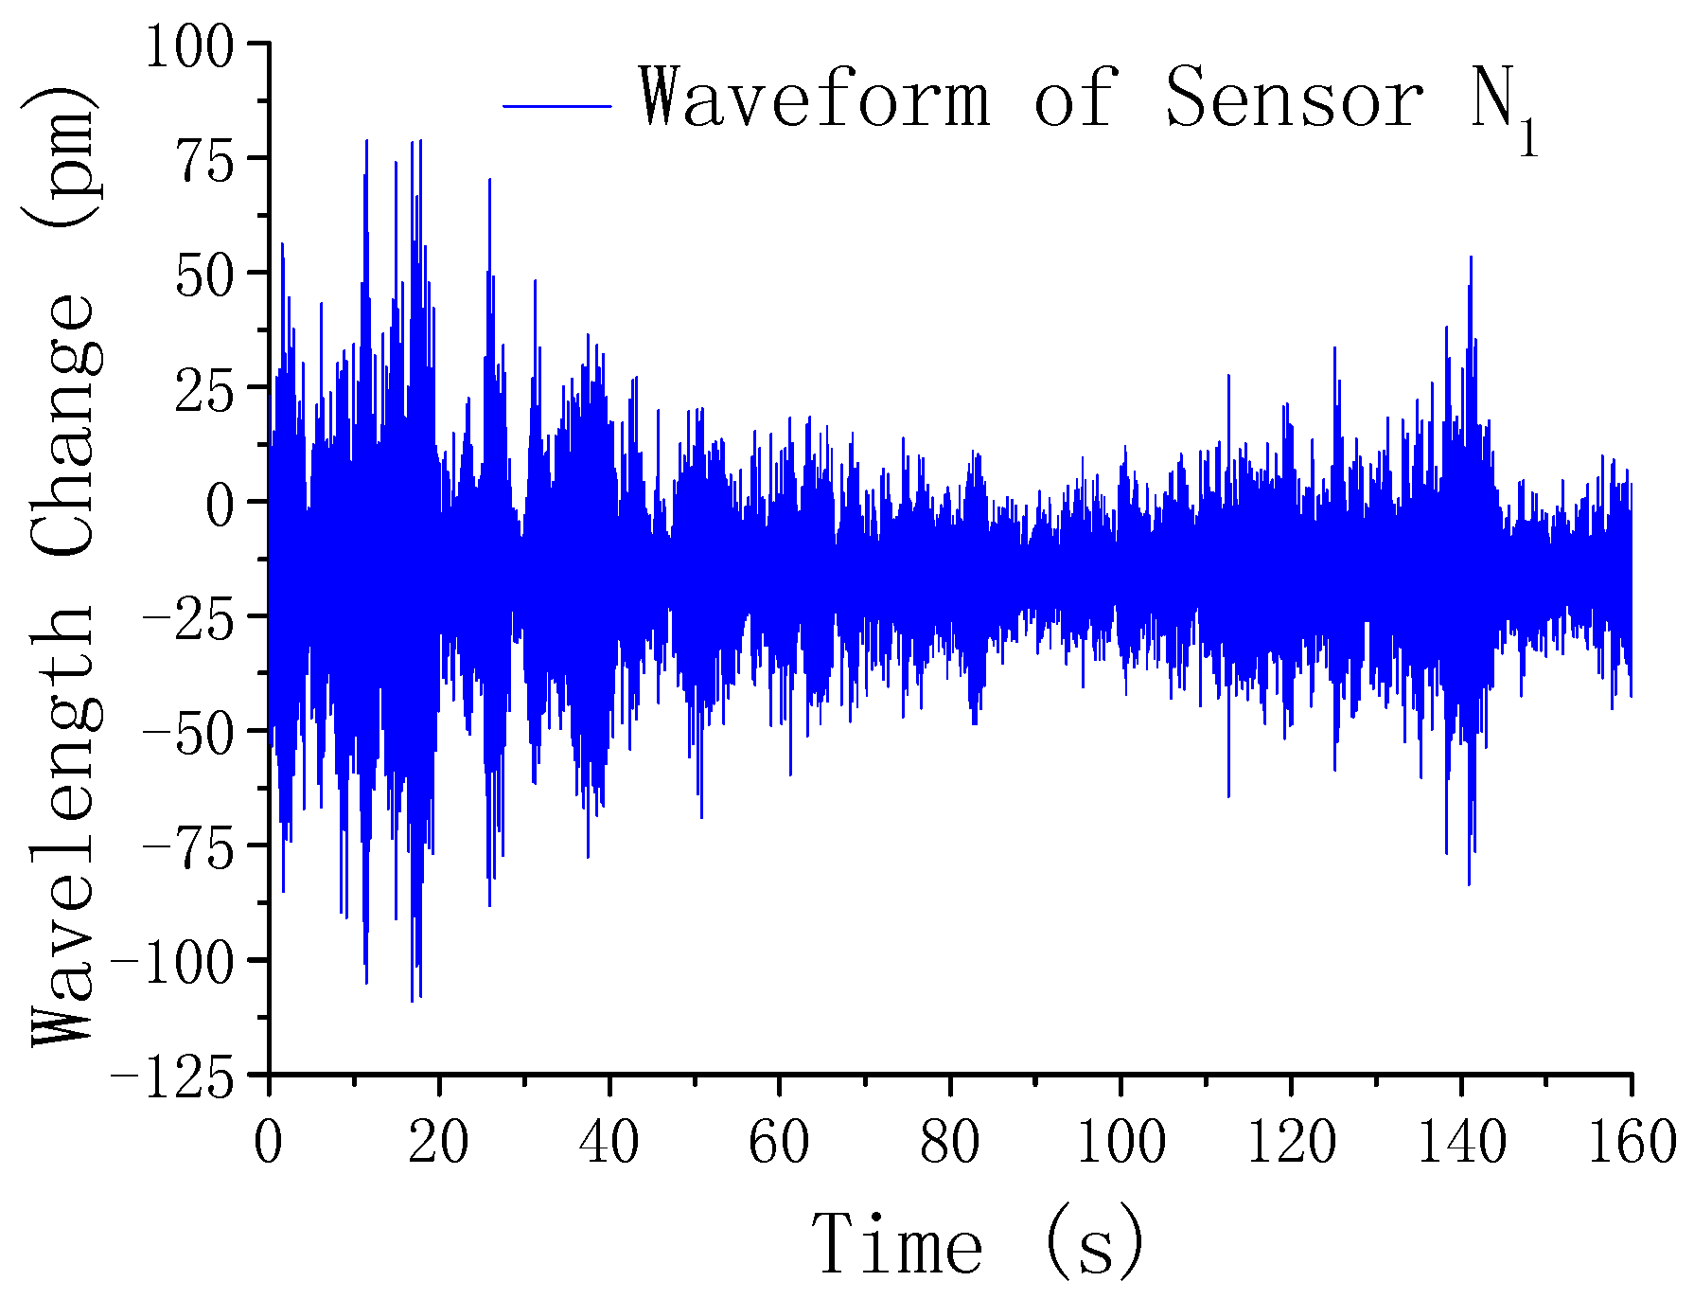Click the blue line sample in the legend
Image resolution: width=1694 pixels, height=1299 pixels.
click(557, 106)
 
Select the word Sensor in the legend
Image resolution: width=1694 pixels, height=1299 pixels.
click(1294, 98)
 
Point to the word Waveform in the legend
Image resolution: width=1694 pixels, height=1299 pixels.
click(814, 98)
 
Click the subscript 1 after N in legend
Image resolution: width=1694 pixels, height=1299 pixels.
click(1527, 138)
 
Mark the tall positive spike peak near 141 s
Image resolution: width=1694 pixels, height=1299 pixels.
click(1470, 257)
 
